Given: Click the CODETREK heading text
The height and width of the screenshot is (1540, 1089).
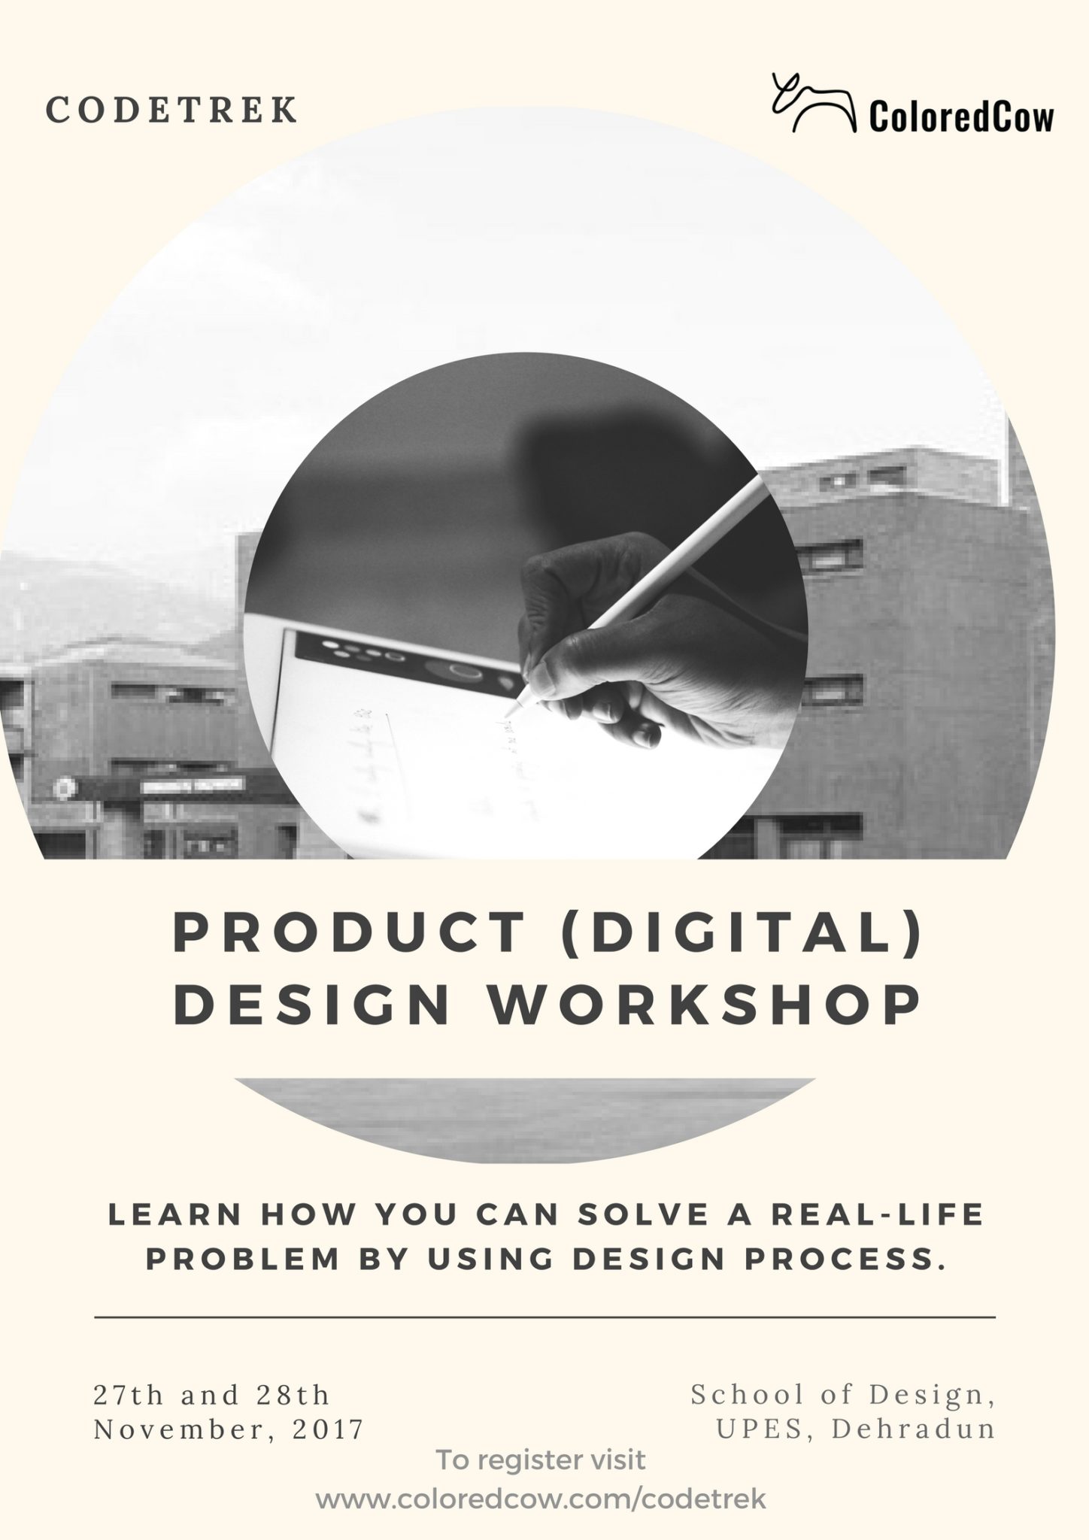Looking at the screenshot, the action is [172, 110].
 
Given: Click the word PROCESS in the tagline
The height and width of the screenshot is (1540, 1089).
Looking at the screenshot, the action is [845, 1261].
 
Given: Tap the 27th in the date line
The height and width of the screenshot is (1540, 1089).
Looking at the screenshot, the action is [128, 1395].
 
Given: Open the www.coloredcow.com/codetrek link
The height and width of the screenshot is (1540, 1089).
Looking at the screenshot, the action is [541, 1499].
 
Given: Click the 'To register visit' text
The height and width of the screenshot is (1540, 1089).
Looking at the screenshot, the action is [541, 1460].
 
